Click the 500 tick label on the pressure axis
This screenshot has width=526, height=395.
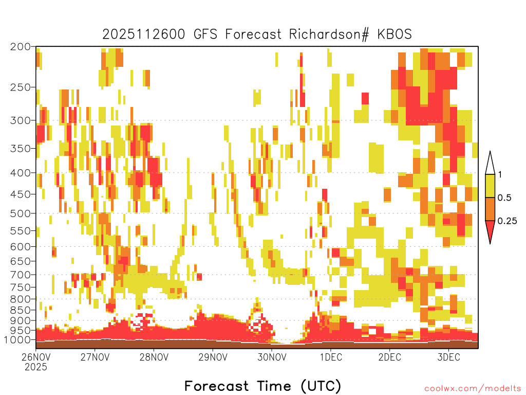pyautogui.click(x=21, y=213)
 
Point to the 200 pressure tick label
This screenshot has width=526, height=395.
pyautogui.click(x=21, y=47)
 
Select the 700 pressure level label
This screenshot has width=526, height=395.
pyautogui.click(x=21, y=275)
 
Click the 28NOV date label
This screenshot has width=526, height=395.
pyautogui.click(x=154, y=357)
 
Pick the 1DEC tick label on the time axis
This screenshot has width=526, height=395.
pyautogui.click(x=331, y=357)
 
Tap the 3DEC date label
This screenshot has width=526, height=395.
pyautogui.click(x=449, y=357)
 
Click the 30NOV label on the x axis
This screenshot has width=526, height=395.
pyautogui.click(x=272, y=357)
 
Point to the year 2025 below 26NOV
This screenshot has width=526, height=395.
pyautogui.click(x=36, y=367)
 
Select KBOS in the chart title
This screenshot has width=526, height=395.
pyautogui.click(x=394, y=34)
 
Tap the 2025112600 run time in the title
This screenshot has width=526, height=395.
pyautogui.click(x=144, y=34)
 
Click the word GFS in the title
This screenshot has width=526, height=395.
pyautogui.click(x=205, y=34)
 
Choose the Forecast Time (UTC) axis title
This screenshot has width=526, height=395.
pyautogui.click(x=262, y=386)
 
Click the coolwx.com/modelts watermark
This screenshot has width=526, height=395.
pyautogui.click(x=473, y=389)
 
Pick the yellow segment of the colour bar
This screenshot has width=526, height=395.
pyautogui.click(x=490, y=186)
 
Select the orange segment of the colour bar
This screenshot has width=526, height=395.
pyautogui.click(x=490, y=209)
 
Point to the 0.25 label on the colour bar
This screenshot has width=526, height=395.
pyautogui.click(x=507, y=221)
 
